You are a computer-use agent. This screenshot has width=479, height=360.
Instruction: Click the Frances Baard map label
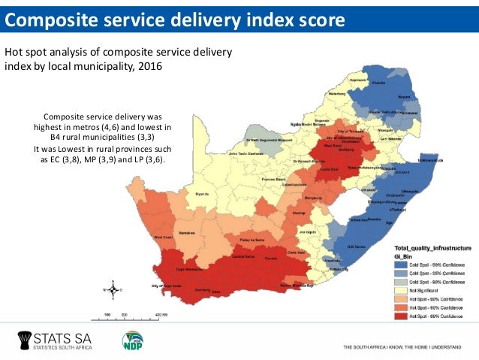(x=273, y=180)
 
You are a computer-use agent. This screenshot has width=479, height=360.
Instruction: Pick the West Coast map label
(x=163, y=237)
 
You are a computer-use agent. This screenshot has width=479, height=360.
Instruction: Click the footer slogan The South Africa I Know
(x=401, y=347)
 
